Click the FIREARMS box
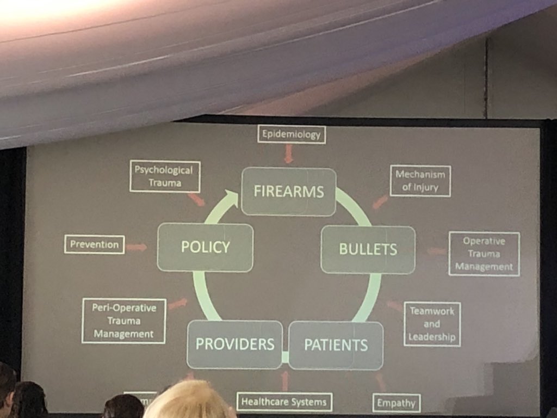click(288, 192)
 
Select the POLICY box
click(205, 247)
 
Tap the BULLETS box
click(368, 249)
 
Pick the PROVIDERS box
click(234, 345)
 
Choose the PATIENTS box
click(336, 345)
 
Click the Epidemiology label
click(292, 134)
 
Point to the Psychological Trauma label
click(164, 176)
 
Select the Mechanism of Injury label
click(420, 181)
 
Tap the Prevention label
click(94, 244)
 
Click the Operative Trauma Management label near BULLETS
click(484, 254)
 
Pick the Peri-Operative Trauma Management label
click(123, 321)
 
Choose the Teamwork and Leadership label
click(432, 324)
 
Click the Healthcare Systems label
click(284, 402)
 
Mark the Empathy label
click(396, 403)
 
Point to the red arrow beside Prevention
click(136, 248)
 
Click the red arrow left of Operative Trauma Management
click(435, 251)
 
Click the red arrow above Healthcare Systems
click(284, 380)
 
